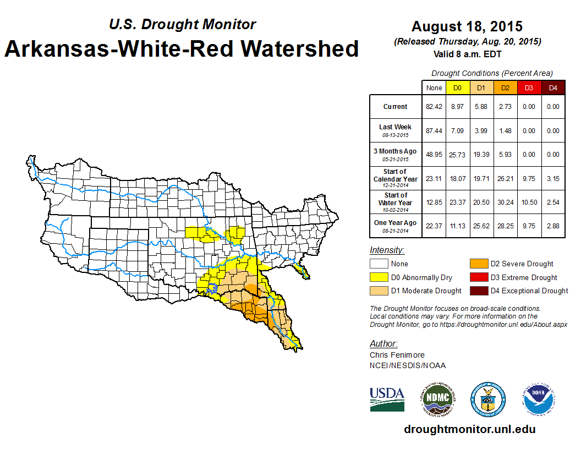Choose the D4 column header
click(553, 88)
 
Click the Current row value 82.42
click(434, 107)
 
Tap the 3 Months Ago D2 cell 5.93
click(505, 155)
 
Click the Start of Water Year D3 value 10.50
click(529, 202)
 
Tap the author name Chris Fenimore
click(397, 355)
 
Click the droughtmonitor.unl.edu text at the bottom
click(469, 429)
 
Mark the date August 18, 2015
click(467, 26)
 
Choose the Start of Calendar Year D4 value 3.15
click(553, 178)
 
